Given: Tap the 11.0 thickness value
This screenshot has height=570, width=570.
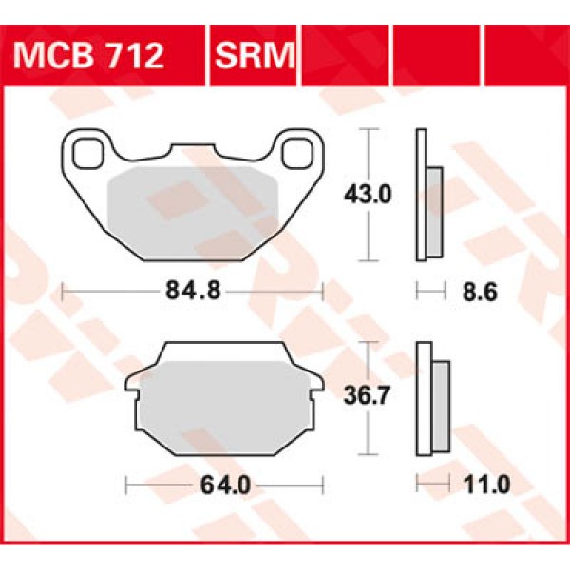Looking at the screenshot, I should click(x=490, y=484).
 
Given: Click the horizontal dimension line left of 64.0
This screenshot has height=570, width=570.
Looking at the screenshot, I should click(x=161, y=484).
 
